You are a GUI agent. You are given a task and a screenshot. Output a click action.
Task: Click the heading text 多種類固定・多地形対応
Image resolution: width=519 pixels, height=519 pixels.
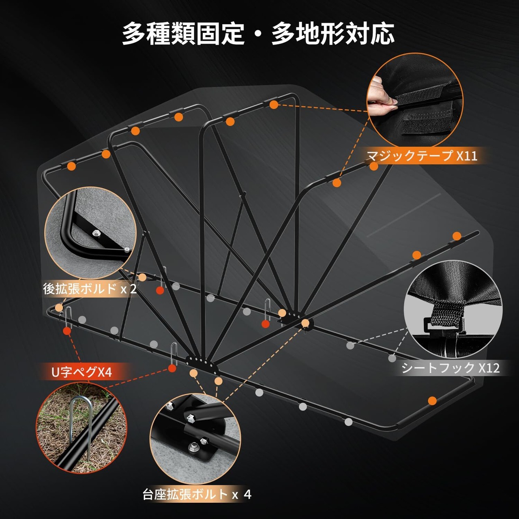point(258,33)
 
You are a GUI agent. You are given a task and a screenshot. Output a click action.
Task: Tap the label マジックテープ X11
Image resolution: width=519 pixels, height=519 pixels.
point(422,156)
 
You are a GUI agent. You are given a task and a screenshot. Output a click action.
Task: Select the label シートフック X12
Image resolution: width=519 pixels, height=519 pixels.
point(450,368)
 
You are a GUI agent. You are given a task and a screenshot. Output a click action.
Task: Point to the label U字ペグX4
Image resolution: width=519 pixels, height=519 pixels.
point(81,372)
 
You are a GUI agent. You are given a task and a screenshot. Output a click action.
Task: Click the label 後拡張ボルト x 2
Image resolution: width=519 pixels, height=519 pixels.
point(90,289)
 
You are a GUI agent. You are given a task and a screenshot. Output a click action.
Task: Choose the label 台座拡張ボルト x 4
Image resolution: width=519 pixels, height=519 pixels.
point(197,494)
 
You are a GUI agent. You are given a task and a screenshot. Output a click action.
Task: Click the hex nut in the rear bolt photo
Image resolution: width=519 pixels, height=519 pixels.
point(97,233)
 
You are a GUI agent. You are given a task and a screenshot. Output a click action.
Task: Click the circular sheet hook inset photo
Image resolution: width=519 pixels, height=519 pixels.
point(453,309)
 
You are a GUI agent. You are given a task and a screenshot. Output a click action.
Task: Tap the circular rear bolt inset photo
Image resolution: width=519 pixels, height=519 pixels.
point(90,233)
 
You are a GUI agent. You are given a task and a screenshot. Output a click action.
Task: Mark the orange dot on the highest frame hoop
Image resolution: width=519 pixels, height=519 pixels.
point(274,105)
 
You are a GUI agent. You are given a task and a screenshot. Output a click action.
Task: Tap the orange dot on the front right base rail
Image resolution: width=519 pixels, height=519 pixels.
point(432,401)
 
